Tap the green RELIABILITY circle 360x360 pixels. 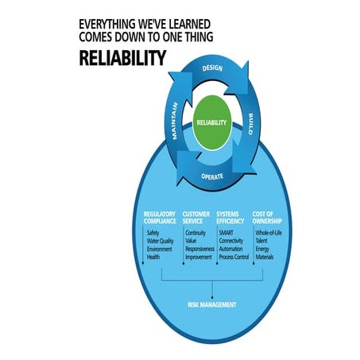(x=211, y=122)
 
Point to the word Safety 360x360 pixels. (x=154, y=233)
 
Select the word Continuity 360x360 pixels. (x=196, y=233)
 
